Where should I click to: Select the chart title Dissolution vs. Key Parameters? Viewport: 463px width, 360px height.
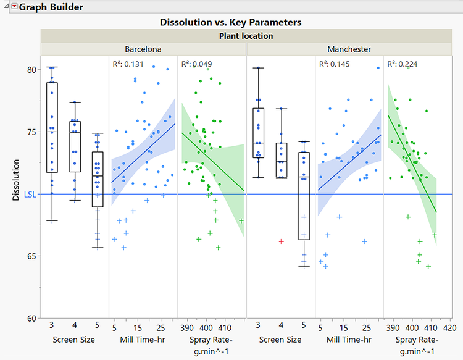coord(231,22)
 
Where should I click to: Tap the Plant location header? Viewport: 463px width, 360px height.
coord(246,36)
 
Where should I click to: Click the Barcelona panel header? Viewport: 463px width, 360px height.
coord(143,49)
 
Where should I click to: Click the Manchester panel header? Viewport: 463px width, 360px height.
coord(349,49)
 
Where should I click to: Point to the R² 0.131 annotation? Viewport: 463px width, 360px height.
coord(128,64)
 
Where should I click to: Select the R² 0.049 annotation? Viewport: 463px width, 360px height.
coord(196,64)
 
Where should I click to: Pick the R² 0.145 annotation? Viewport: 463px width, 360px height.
coord(334,64)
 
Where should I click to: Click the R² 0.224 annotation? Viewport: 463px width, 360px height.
coord(403,64)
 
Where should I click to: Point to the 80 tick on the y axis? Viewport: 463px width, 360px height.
coord(31,69)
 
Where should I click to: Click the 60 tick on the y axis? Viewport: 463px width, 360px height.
coord(31,318)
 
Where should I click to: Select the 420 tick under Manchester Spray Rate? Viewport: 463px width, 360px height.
coord(449,327)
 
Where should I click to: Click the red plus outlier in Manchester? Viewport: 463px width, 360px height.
coord(282,241)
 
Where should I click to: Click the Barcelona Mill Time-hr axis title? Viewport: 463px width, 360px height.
coord(143,340)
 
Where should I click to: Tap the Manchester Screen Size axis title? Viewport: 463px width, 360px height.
coord(280,340)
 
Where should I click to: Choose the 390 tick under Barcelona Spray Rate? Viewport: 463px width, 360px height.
coord(187,327)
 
